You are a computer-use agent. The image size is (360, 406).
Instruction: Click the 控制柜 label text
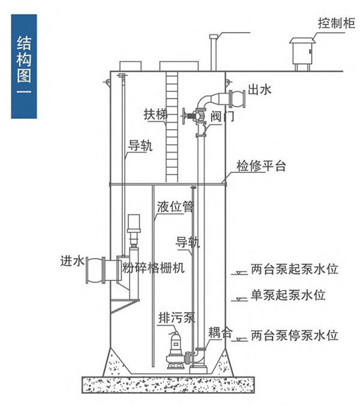[x=337, y=23]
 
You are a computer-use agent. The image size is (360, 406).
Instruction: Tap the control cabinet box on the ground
[x=302, y=53]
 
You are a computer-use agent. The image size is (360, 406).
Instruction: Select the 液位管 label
[x=175, y=207]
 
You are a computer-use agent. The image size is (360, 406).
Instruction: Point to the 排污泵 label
[x=177, y=318]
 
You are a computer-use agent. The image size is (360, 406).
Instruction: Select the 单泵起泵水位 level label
[x=288, y=295]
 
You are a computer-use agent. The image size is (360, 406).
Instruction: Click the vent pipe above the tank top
[x=212, y=51]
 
